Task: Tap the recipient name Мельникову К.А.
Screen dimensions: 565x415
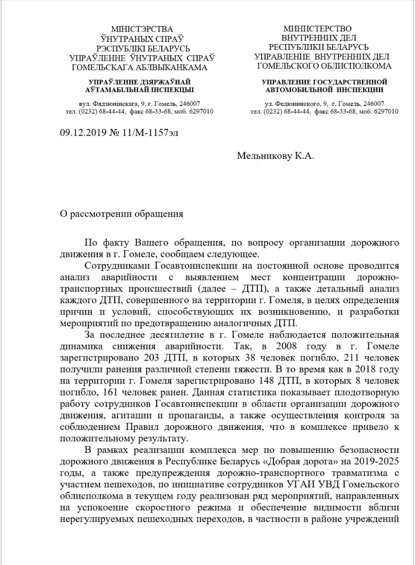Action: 276,156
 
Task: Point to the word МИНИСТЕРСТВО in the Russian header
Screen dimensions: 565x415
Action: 318,29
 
